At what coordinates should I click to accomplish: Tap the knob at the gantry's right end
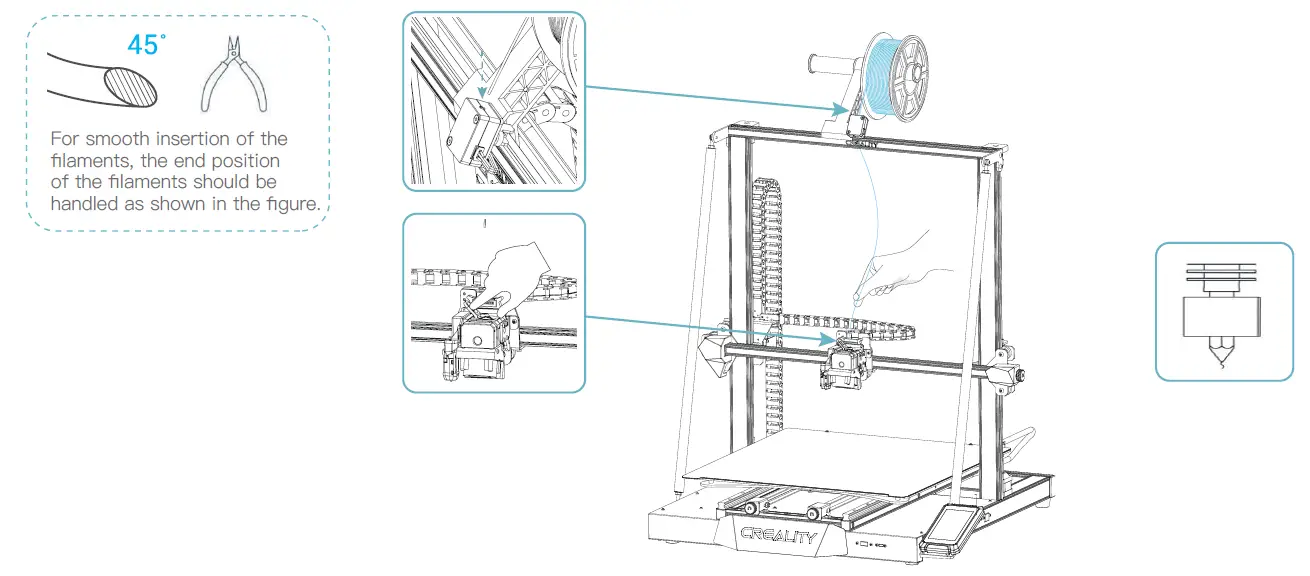coord(1020,375)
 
